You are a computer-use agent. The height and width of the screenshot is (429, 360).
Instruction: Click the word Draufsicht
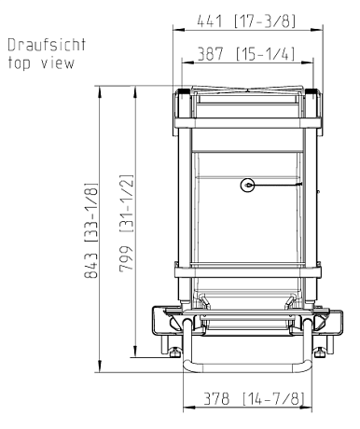[47, 45]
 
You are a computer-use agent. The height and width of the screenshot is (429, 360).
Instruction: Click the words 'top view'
[41, 63]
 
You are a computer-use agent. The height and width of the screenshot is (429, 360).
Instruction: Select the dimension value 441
[210, 21]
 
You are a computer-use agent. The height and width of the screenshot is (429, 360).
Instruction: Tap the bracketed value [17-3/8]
[265, 21]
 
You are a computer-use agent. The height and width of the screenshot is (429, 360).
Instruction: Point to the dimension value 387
[211, 54]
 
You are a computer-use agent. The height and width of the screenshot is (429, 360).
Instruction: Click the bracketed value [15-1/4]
[265, 54]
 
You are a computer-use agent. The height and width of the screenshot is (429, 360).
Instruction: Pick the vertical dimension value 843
[91, 265]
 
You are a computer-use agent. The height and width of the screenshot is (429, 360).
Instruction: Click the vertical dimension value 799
[126, 258]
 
